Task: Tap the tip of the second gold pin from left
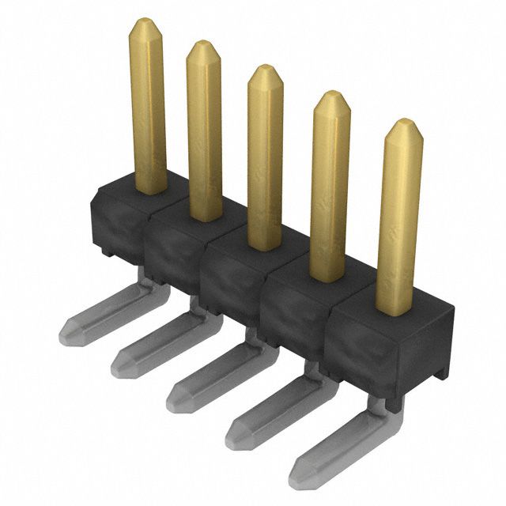tap(204, 43)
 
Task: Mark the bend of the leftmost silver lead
tap(146, 283)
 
